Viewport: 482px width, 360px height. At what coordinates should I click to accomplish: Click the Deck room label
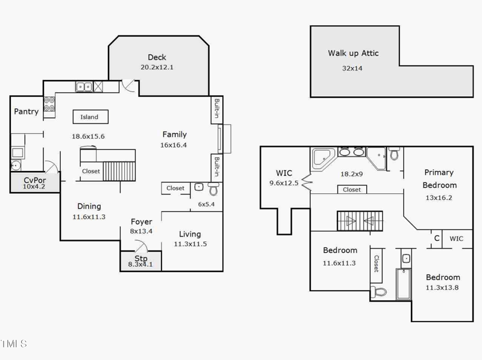pyautogui.click(x=157, y=58)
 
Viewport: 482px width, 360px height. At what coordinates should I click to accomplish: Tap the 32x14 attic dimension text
pyautogui.click(x=352, y=68)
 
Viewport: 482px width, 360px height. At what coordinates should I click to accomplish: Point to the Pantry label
pyautogui.click(x=27, y=111)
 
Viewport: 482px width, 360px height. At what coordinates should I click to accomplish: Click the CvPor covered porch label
pyautogui.click(x=34, y=180)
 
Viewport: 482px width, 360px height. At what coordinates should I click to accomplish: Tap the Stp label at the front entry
pyautogui.click(x=140, y=259)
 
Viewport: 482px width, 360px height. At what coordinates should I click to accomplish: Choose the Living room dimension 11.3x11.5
pyautogui.click(x=190, y=244)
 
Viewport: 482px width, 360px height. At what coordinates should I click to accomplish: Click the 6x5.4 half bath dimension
pyautogui.click(x=207, y=204)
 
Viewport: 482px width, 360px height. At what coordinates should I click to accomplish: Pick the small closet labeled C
pyautogui.click(x=436, y=238)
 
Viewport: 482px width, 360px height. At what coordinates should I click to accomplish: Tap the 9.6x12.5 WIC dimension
pyautogui.click(x=283, y=183)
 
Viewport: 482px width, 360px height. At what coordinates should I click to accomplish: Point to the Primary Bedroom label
pyautogui.click(x=439, y=179)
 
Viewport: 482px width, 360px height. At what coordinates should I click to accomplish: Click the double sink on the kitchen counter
pyautogui.click(x=84, y=87)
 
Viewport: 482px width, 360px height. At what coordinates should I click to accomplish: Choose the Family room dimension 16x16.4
pyautogui.click(x=174, y=144)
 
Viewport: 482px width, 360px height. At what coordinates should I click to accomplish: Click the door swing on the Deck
pyautogui.click(x=128, y=85)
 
